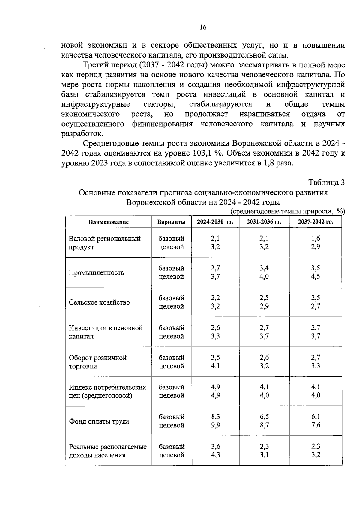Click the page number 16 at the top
(203, 28)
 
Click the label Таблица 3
(327, 182)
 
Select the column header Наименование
(108, 222)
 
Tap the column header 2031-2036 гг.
(264, 222)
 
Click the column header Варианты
(171, 222)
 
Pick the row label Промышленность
(96, 273)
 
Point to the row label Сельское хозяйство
(99, 302)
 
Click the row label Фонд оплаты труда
(99, 421)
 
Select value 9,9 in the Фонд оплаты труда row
(215, 425)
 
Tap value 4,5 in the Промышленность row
(315, 277)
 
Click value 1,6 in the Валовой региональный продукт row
(315, 238)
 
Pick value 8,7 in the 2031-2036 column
(264, 425)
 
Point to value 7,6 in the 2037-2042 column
(316, 425)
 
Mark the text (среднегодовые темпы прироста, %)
(288, 212)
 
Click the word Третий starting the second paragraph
(95, 65)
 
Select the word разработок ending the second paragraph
(82, 134)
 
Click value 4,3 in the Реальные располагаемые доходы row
(215, 455)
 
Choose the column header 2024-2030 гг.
(215, 222)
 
